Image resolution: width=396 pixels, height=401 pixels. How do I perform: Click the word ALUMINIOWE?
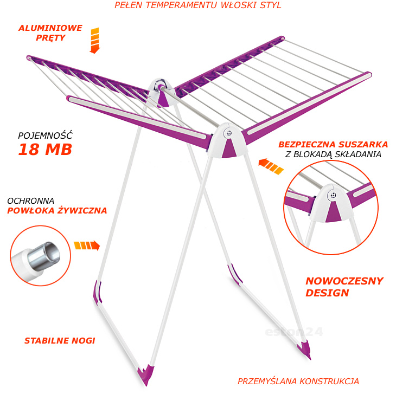[x=50, y=28]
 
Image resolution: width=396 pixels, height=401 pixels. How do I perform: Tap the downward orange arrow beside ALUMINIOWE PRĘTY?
[x=95, y=41]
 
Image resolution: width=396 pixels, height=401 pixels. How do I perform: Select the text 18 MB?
[x=46, y=150]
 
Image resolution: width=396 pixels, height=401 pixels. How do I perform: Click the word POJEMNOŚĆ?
[x=46, y=135]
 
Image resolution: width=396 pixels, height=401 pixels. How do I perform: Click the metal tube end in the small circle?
[x=44, y=256]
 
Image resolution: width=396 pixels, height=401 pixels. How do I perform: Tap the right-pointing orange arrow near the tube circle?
[x=87, y=245]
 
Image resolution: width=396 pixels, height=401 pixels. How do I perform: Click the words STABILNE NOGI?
[x=60, y=341]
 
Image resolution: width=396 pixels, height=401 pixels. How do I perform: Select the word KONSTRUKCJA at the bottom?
[x=329, y=381]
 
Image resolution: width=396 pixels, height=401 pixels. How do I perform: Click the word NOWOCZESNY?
[x=344, y=281]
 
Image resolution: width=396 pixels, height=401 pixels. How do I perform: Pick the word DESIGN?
[x=327, y=293]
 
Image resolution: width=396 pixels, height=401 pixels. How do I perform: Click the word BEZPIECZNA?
[x=307, y=145]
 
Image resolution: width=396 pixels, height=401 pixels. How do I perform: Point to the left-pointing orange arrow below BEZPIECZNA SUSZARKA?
[x=271, y=166]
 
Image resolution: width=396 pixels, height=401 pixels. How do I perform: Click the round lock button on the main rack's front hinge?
[x=228, y=133]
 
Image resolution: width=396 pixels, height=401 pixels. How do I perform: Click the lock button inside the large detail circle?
[x=333, y=196]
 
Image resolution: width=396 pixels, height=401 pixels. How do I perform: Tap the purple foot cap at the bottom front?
[x=146, y=375]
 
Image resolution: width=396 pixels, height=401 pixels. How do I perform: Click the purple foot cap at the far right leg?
[x=304, y=349]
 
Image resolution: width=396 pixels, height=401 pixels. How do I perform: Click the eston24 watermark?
[x=294, y=332]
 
